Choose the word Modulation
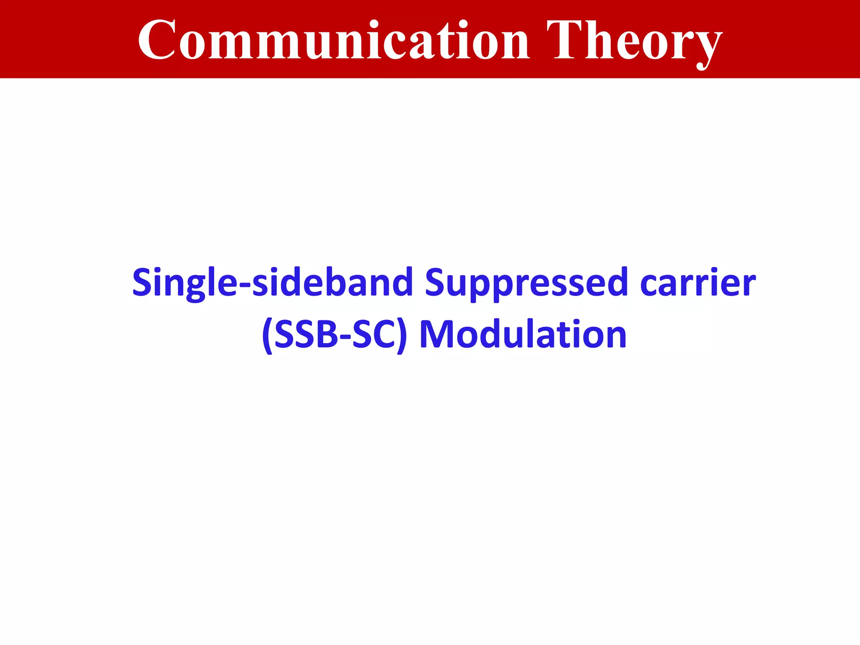tap(523, 335)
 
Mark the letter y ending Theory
tap(707, 46)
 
